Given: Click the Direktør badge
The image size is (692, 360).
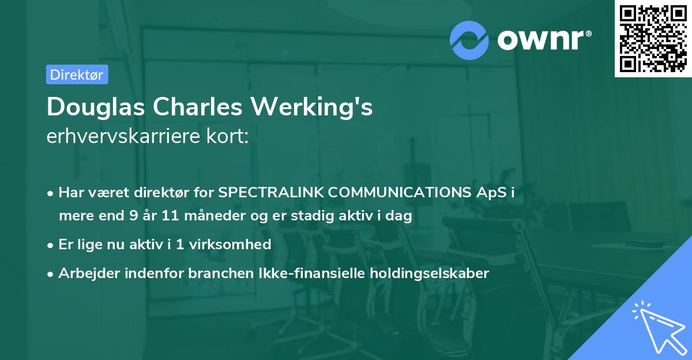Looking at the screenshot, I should [77, 74].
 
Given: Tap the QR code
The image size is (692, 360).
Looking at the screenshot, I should [653, 39].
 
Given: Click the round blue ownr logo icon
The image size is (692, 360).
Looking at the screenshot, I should [469, 40].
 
